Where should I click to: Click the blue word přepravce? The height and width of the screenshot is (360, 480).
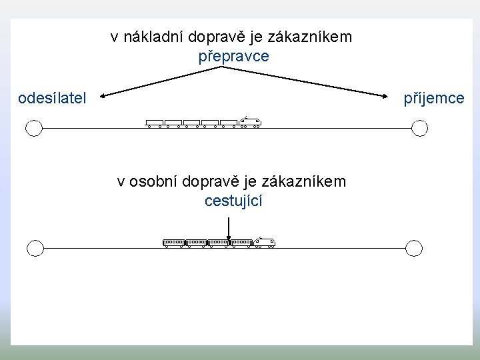(233, 56)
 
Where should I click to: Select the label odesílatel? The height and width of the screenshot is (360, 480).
(52, 99)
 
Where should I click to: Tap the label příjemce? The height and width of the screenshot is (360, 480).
(433, 99)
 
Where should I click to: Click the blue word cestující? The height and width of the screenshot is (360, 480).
(233, 200)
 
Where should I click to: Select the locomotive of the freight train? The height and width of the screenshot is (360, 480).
(249, 122)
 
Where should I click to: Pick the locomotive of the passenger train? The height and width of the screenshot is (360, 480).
(264, 243)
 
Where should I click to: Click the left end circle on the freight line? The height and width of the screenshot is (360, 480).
(34, 127)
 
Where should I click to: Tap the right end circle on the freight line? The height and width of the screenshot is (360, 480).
(419, 127)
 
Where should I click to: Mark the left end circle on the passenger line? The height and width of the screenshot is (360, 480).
(35, 248)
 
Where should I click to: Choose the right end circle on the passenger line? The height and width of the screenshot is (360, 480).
(414, 248)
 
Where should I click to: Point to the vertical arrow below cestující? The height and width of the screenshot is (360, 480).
(229, 227)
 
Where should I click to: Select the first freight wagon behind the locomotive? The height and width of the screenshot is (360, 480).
(229, 123)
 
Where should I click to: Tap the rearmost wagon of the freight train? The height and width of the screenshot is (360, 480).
(155, 123)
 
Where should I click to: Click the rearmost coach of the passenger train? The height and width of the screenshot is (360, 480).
(173, 243)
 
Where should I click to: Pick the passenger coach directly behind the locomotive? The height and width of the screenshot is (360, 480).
(241, 243)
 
